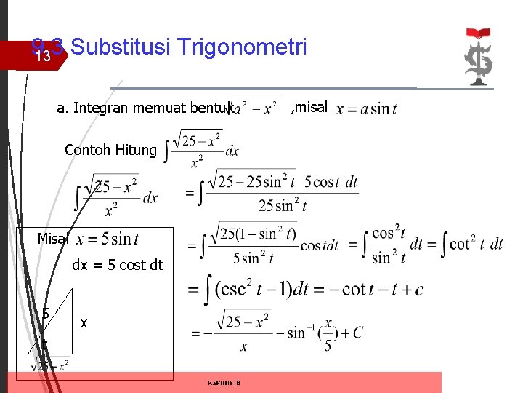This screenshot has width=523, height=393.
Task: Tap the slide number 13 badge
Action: tap(43, 56)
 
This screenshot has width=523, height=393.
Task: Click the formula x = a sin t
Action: tap(366, 109)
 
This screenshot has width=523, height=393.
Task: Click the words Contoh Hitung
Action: tap(110, 150)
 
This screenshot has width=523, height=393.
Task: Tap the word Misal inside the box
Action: tap(53, 239)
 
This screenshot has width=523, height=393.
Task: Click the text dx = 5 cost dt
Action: tap(118, 266)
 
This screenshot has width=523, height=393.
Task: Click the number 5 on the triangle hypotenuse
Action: tap(45, 314)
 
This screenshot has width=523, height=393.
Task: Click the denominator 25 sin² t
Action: tap(282, 205)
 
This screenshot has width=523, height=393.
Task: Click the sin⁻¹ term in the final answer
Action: tap(302, 333)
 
